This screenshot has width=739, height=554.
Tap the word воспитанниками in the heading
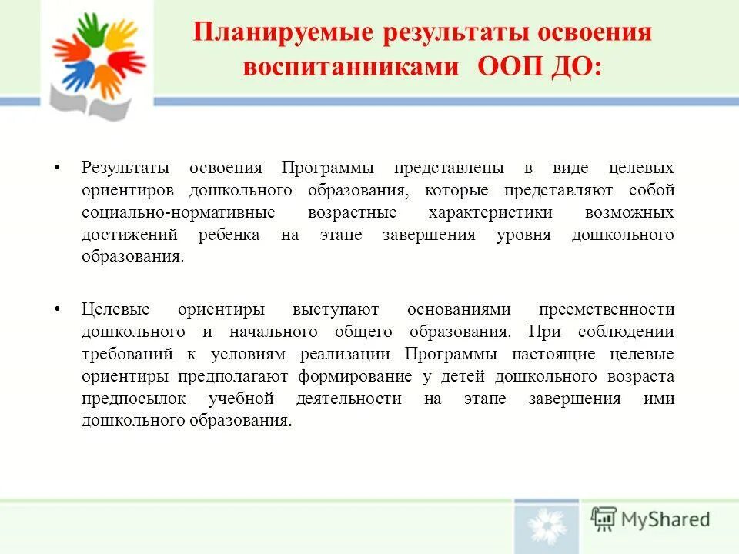(350, 66)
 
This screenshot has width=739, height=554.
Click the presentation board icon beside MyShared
(604, 519)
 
